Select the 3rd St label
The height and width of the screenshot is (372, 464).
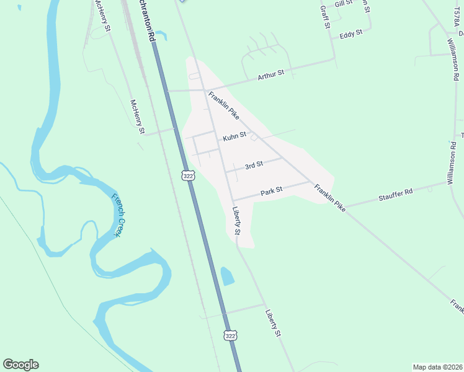coord(254,165)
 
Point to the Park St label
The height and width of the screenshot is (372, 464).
coord(272,192)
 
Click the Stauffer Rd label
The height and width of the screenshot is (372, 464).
coord(395,195)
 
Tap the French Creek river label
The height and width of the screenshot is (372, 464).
coord(119,216)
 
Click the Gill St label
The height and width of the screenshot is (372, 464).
coord(343,4)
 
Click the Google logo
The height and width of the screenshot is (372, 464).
coord(20,365)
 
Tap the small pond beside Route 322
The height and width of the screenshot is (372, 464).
coord(227,276)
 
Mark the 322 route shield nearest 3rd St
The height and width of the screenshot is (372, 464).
coord(189,176)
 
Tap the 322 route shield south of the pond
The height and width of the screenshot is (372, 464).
coord(231,335)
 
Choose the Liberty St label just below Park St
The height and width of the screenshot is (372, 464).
coord(236,220)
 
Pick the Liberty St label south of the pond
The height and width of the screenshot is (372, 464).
coord(273,323)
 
